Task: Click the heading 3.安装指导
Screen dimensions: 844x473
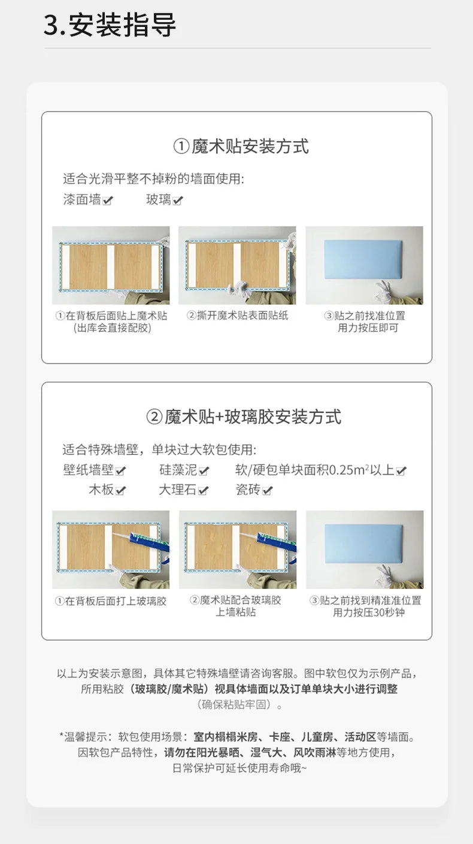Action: [110, 26]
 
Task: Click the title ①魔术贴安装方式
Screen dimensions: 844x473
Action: [241, 146]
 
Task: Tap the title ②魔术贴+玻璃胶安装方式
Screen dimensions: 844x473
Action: [244, 417]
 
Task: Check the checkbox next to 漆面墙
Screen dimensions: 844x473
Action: [108, 201]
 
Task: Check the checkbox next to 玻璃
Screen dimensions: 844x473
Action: [177, 201]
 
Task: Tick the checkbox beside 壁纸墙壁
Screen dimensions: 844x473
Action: [121, 471]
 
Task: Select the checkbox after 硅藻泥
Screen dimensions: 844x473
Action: [204, 471]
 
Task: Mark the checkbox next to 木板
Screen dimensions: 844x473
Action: [121, 491]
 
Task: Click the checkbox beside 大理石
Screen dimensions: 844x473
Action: [204, 491]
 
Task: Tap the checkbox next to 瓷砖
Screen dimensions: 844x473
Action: [267, 491]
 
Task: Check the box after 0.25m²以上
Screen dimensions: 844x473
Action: [401, 471]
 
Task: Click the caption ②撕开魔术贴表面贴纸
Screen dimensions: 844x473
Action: [237, 315]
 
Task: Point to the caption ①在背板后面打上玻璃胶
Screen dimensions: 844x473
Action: [111, 600]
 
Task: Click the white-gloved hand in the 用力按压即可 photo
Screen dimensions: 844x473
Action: [380, 293]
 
